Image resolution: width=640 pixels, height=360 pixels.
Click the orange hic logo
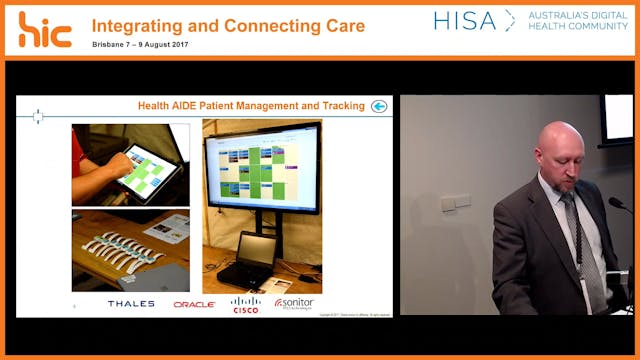tap(45, 29)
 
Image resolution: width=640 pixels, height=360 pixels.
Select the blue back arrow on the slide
tap(379, 106)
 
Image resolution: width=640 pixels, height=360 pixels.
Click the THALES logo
tap(131, 303)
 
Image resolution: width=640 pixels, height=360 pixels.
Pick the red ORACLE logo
tap(194, 304)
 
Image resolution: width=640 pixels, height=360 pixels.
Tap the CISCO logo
tap(245, 304)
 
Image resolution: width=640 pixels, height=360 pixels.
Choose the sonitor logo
tap(295, 303)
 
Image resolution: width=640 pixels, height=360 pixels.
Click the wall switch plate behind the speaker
tap(455, 202)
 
